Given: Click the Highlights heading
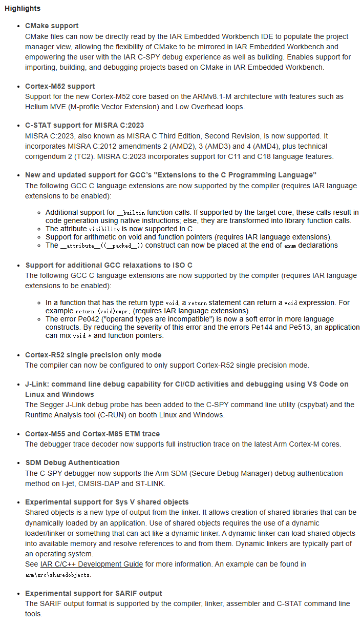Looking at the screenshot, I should [23, 9].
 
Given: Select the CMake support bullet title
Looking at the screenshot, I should [52, 26].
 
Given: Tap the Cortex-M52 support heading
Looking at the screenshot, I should [60, 86].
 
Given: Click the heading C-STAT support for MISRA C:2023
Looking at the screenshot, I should [84, 125].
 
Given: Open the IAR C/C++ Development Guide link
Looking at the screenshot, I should [92, 564].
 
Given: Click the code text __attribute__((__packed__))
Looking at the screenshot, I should [101, 246].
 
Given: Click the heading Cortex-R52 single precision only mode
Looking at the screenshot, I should [93, 355].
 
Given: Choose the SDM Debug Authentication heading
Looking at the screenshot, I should [72, 462].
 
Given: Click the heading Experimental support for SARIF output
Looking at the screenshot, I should [94, 593].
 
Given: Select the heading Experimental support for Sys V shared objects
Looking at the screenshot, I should [107, 502].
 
